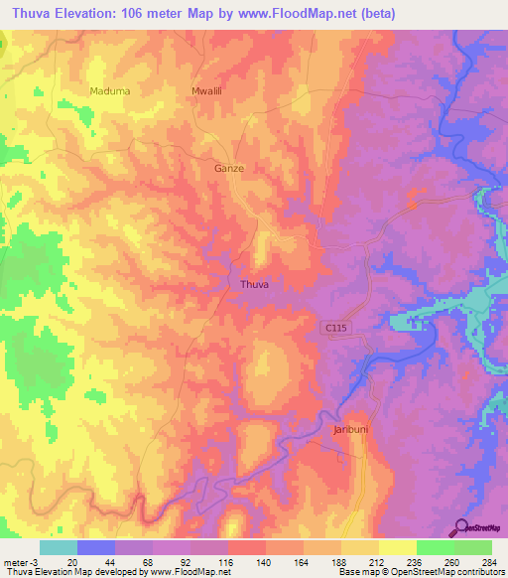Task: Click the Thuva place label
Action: coord(255,284)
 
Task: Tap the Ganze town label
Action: coord(229,168)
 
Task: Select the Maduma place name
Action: coord(110,90)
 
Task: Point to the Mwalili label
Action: coord(204,90)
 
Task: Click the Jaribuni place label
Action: coord(350,430)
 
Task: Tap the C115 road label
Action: coord(337,327)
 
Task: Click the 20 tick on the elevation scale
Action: coord(73,562)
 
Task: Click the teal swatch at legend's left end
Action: coord(58,547)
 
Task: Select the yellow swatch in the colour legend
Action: coord(397,547)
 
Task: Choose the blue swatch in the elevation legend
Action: coord(95,547)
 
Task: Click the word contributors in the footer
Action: coord(477,572)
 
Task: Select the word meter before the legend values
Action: coord(14,562)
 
